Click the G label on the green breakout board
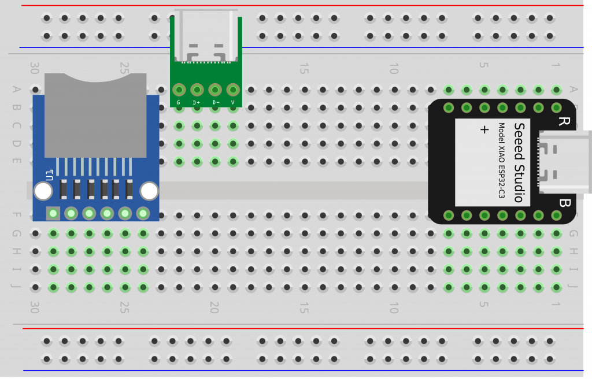point(178,102)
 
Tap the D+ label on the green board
point(197,102)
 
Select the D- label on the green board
point(215,102)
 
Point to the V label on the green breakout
point(233,102)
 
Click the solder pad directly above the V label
point(233,90)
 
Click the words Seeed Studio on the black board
point(519,162)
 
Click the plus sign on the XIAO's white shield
point(484,130)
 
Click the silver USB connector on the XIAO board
point(564,162)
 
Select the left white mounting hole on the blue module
point(43,191)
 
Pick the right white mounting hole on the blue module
point(149,191)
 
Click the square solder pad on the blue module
point(53,214)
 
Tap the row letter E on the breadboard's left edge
point(16,161)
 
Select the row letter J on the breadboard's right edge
point(573,287)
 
